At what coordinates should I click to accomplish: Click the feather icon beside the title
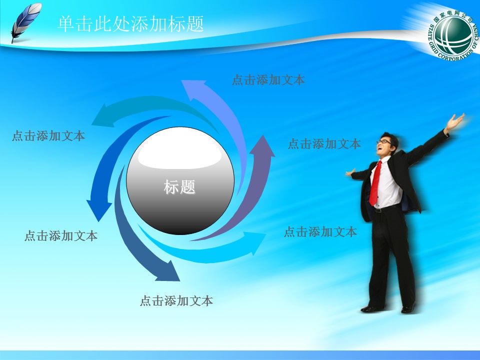pos(25,22)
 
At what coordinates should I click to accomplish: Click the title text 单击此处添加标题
pos(131,24)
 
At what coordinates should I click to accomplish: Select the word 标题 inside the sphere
pos(179,187)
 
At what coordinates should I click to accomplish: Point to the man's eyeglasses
pos(384,142)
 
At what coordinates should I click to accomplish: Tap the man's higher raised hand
pos(454,121)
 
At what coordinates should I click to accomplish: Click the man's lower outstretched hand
pos(350,173)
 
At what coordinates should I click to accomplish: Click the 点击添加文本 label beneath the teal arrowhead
pos(48,135)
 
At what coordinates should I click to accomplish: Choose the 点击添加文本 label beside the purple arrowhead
pos(324,144)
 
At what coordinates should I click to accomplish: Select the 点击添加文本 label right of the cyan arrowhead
pos(320,232)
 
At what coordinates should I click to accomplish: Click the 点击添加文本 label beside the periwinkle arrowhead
pos(268,79)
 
